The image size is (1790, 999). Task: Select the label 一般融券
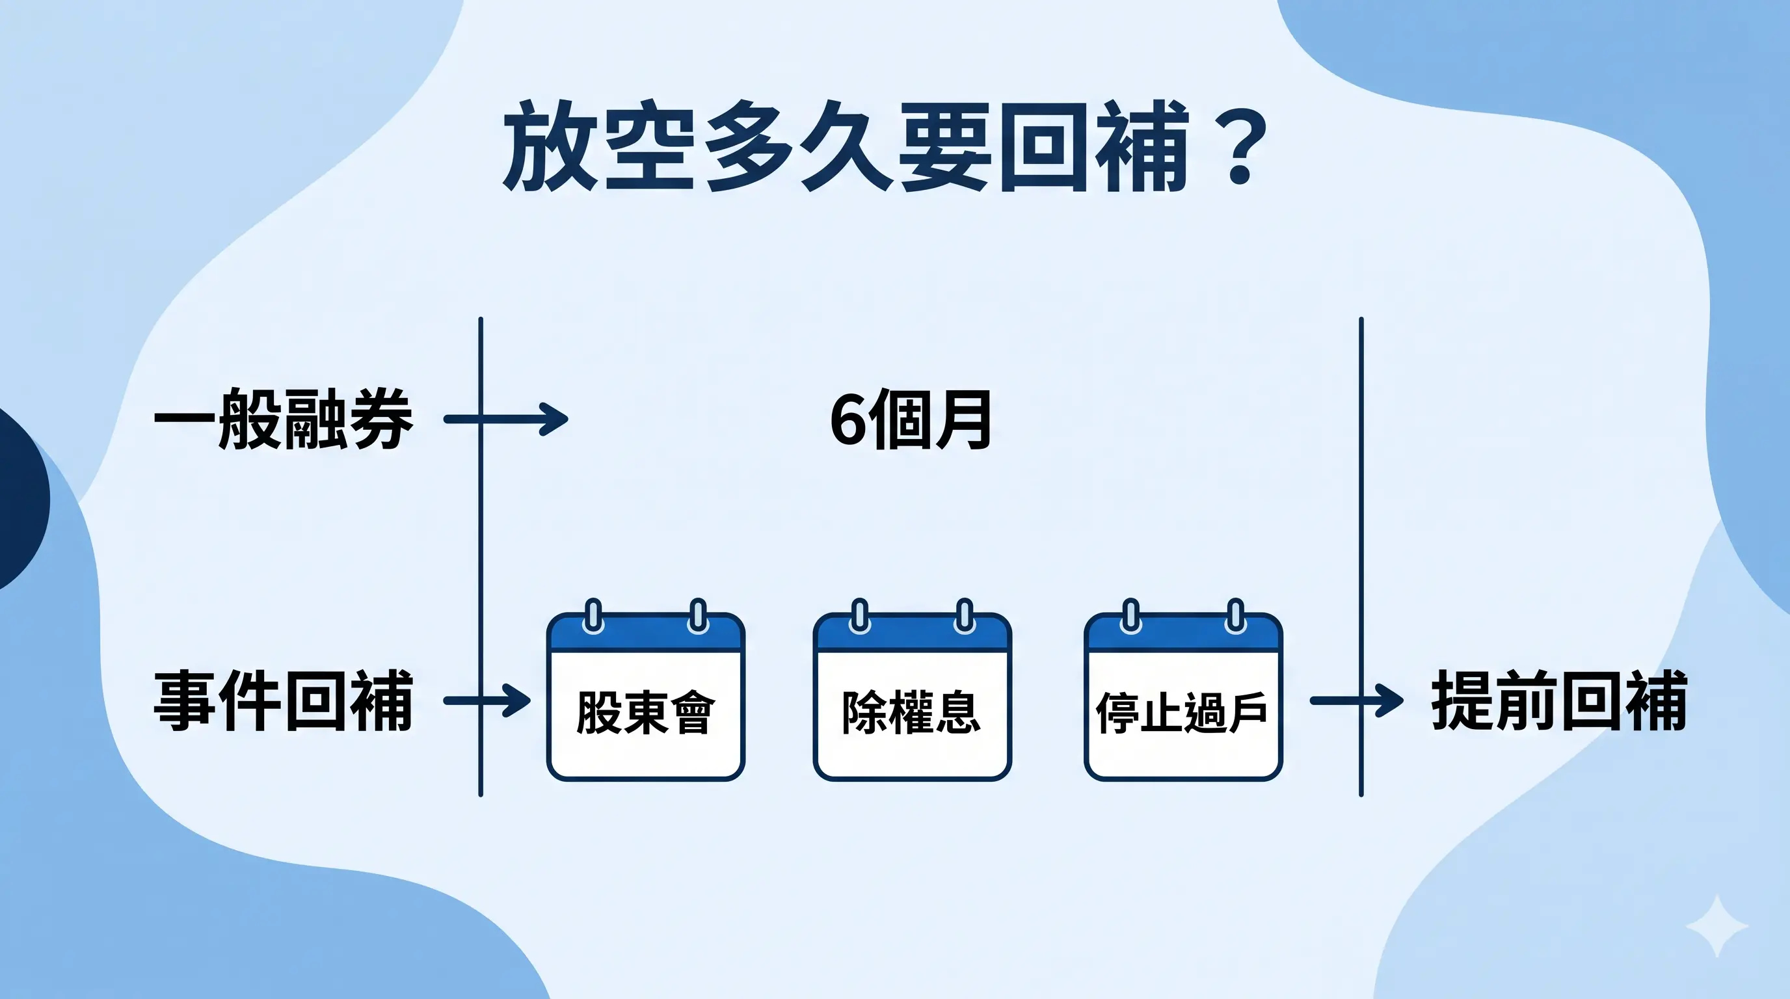coord(283,419)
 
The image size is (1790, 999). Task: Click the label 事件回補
coord(283,700)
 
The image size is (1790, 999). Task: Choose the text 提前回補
coord(1558,700)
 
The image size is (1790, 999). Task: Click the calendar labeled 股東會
coord(645,697)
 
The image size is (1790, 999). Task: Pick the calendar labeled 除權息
coord(912,697)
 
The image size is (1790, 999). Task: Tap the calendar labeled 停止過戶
coord(1182,697)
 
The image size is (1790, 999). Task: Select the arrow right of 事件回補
coord(488,700)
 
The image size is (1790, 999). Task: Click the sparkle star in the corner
coord(1717,927)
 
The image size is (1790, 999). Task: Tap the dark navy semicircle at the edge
coord(21,499)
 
